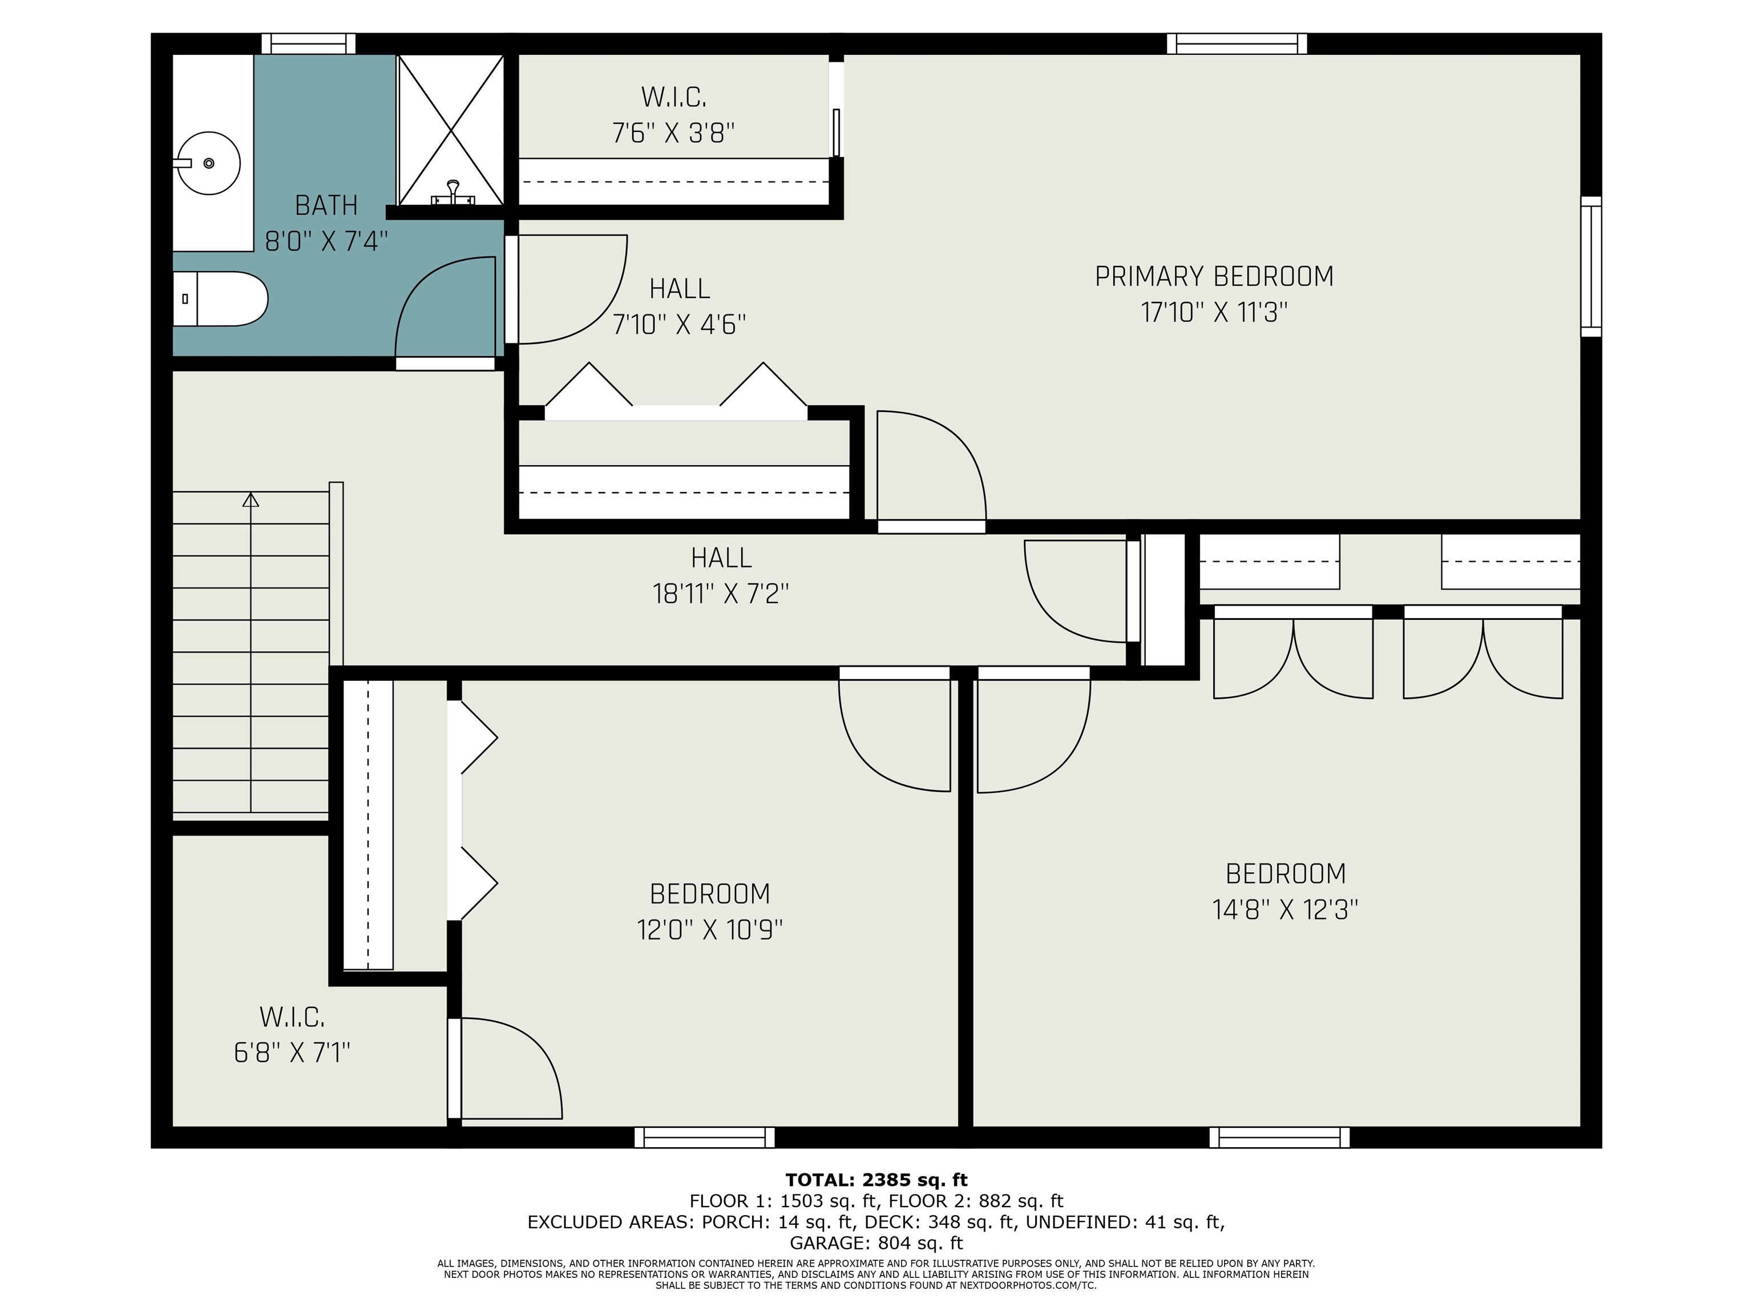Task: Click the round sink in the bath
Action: point(208,163)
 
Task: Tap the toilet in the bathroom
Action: point(220,299)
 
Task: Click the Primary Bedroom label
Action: point(1214,277)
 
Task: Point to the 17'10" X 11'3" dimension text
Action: point(1214,312)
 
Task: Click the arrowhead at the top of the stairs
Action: point(251,499)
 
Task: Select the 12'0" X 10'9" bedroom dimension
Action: point(709,929)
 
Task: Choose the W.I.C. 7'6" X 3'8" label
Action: point(673,115)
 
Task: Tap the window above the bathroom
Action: point(308,43)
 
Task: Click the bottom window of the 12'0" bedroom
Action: point(705,1137)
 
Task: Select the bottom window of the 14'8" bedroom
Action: point(1279,1137)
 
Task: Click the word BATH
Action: point(326,205)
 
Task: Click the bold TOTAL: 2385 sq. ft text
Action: point(876,1180)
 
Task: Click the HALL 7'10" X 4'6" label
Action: point(679,306)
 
